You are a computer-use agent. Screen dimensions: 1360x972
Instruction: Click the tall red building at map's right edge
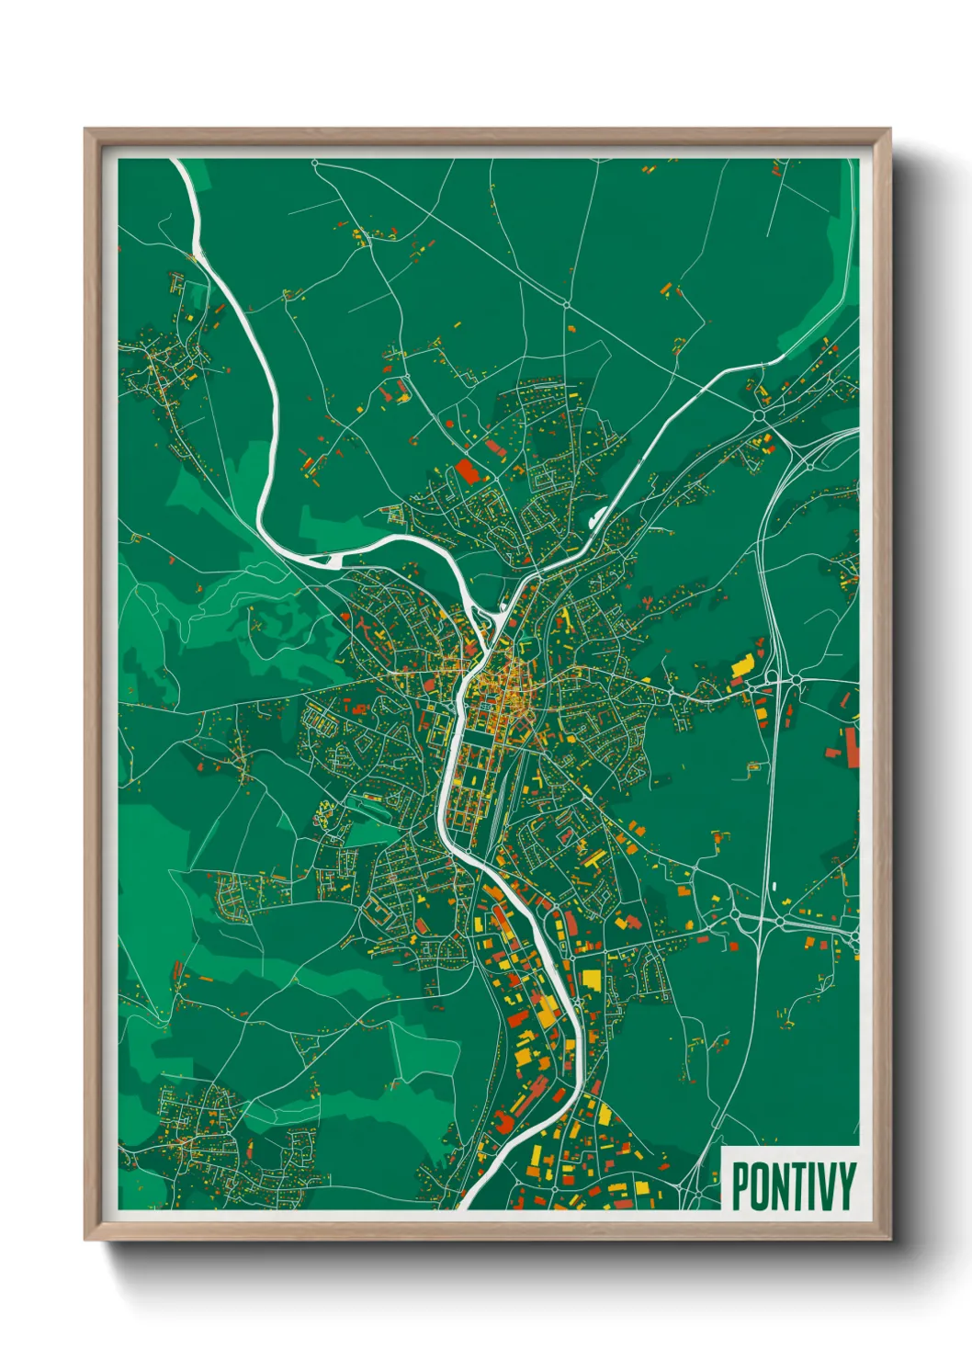tap(852, 746)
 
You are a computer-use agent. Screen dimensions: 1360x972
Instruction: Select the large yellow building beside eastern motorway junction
tap(741, 665)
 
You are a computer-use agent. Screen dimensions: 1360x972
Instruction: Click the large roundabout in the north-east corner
tap(760, 415)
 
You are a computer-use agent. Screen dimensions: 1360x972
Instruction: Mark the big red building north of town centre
tap(467, 472)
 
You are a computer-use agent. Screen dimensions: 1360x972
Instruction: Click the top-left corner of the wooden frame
tap(85, 130)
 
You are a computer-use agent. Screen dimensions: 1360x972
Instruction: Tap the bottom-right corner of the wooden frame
tap(889, 1239)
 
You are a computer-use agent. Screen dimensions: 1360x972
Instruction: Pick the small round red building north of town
tap(449, 424)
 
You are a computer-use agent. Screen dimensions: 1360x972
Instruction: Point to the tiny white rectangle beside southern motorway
tap(775, 886)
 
